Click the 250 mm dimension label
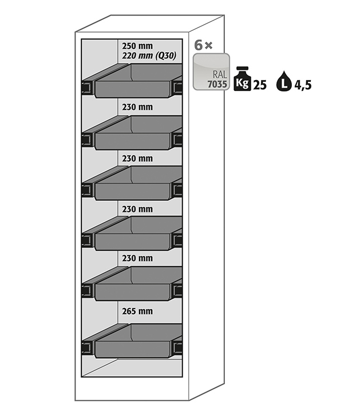(x=137, y=46)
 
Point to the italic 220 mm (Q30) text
(x=148, y=56)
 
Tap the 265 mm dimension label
(x=137, y=311)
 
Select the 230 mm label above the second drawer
(x=137, y=106)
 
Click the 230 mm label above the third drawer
(x=137, y=158)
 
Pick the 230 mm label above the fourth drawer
(x=137, y=208)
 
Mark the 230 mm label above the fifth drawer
(x=137, y=259)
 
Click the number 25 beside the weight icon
(x=260, y=85)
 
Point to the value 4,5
(x=303, y=85)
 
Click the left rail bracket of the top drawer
(x=88, y=88)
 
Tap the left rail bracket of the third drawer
(x=88, y=190)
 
